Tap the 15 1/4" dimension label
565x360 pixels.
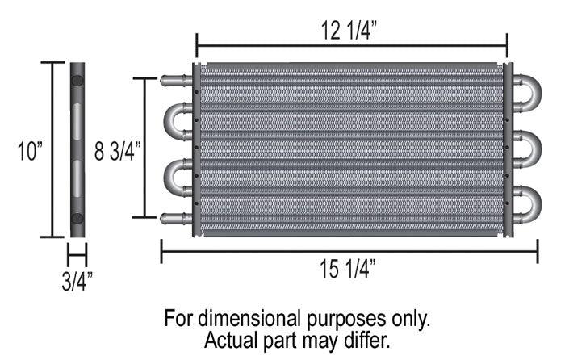[349, 270]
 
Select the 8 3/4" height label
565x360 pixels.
[118, 150]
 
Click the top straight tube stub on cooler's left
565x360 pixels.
[175, 81]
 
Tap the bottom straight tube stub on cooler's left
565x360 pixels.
[175, 217]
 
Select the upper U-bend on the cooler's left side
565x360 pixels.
[174, 121]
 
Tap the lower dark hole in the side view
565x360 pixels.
[77, 218]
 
